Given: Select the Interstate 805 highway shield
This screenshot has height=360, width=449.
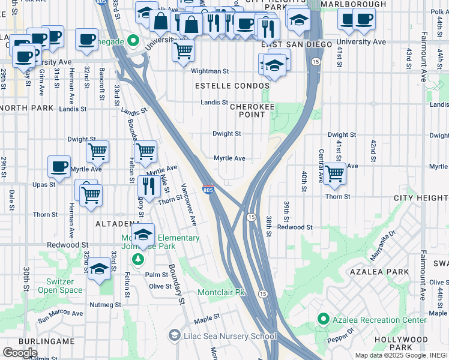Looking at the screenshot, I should click(x=207, y=190).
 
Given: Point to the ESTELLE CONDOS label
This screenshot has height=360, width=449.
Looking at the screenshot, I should click(x=232, y=86).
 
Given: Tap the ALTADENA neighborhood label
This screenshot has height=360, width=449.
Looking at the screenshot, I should click(x=118, y=223).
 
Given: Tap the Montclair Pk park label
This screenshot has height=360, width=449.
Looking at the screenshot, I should click(x=223, y=293).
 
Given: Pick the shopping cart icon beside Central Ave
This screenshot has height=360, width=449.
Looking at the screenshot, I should click(x=334, y=173).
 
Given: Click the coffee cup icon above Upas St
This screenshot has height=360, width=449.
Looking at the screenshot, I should click(x=59, y=166).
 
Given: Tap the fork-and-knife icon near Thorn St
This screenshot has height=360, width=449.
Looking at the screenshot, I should click(x=148, y=186).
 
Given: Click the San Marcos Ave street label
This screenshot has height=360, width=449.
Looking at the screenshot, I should click(x=61, y=313).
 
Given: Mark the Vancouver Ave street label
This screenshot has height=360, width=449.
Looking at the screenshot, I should click(x=189, y=204).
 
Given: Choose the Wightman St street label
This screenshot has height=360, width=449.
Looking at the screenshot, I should click(x=210, y=71).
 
